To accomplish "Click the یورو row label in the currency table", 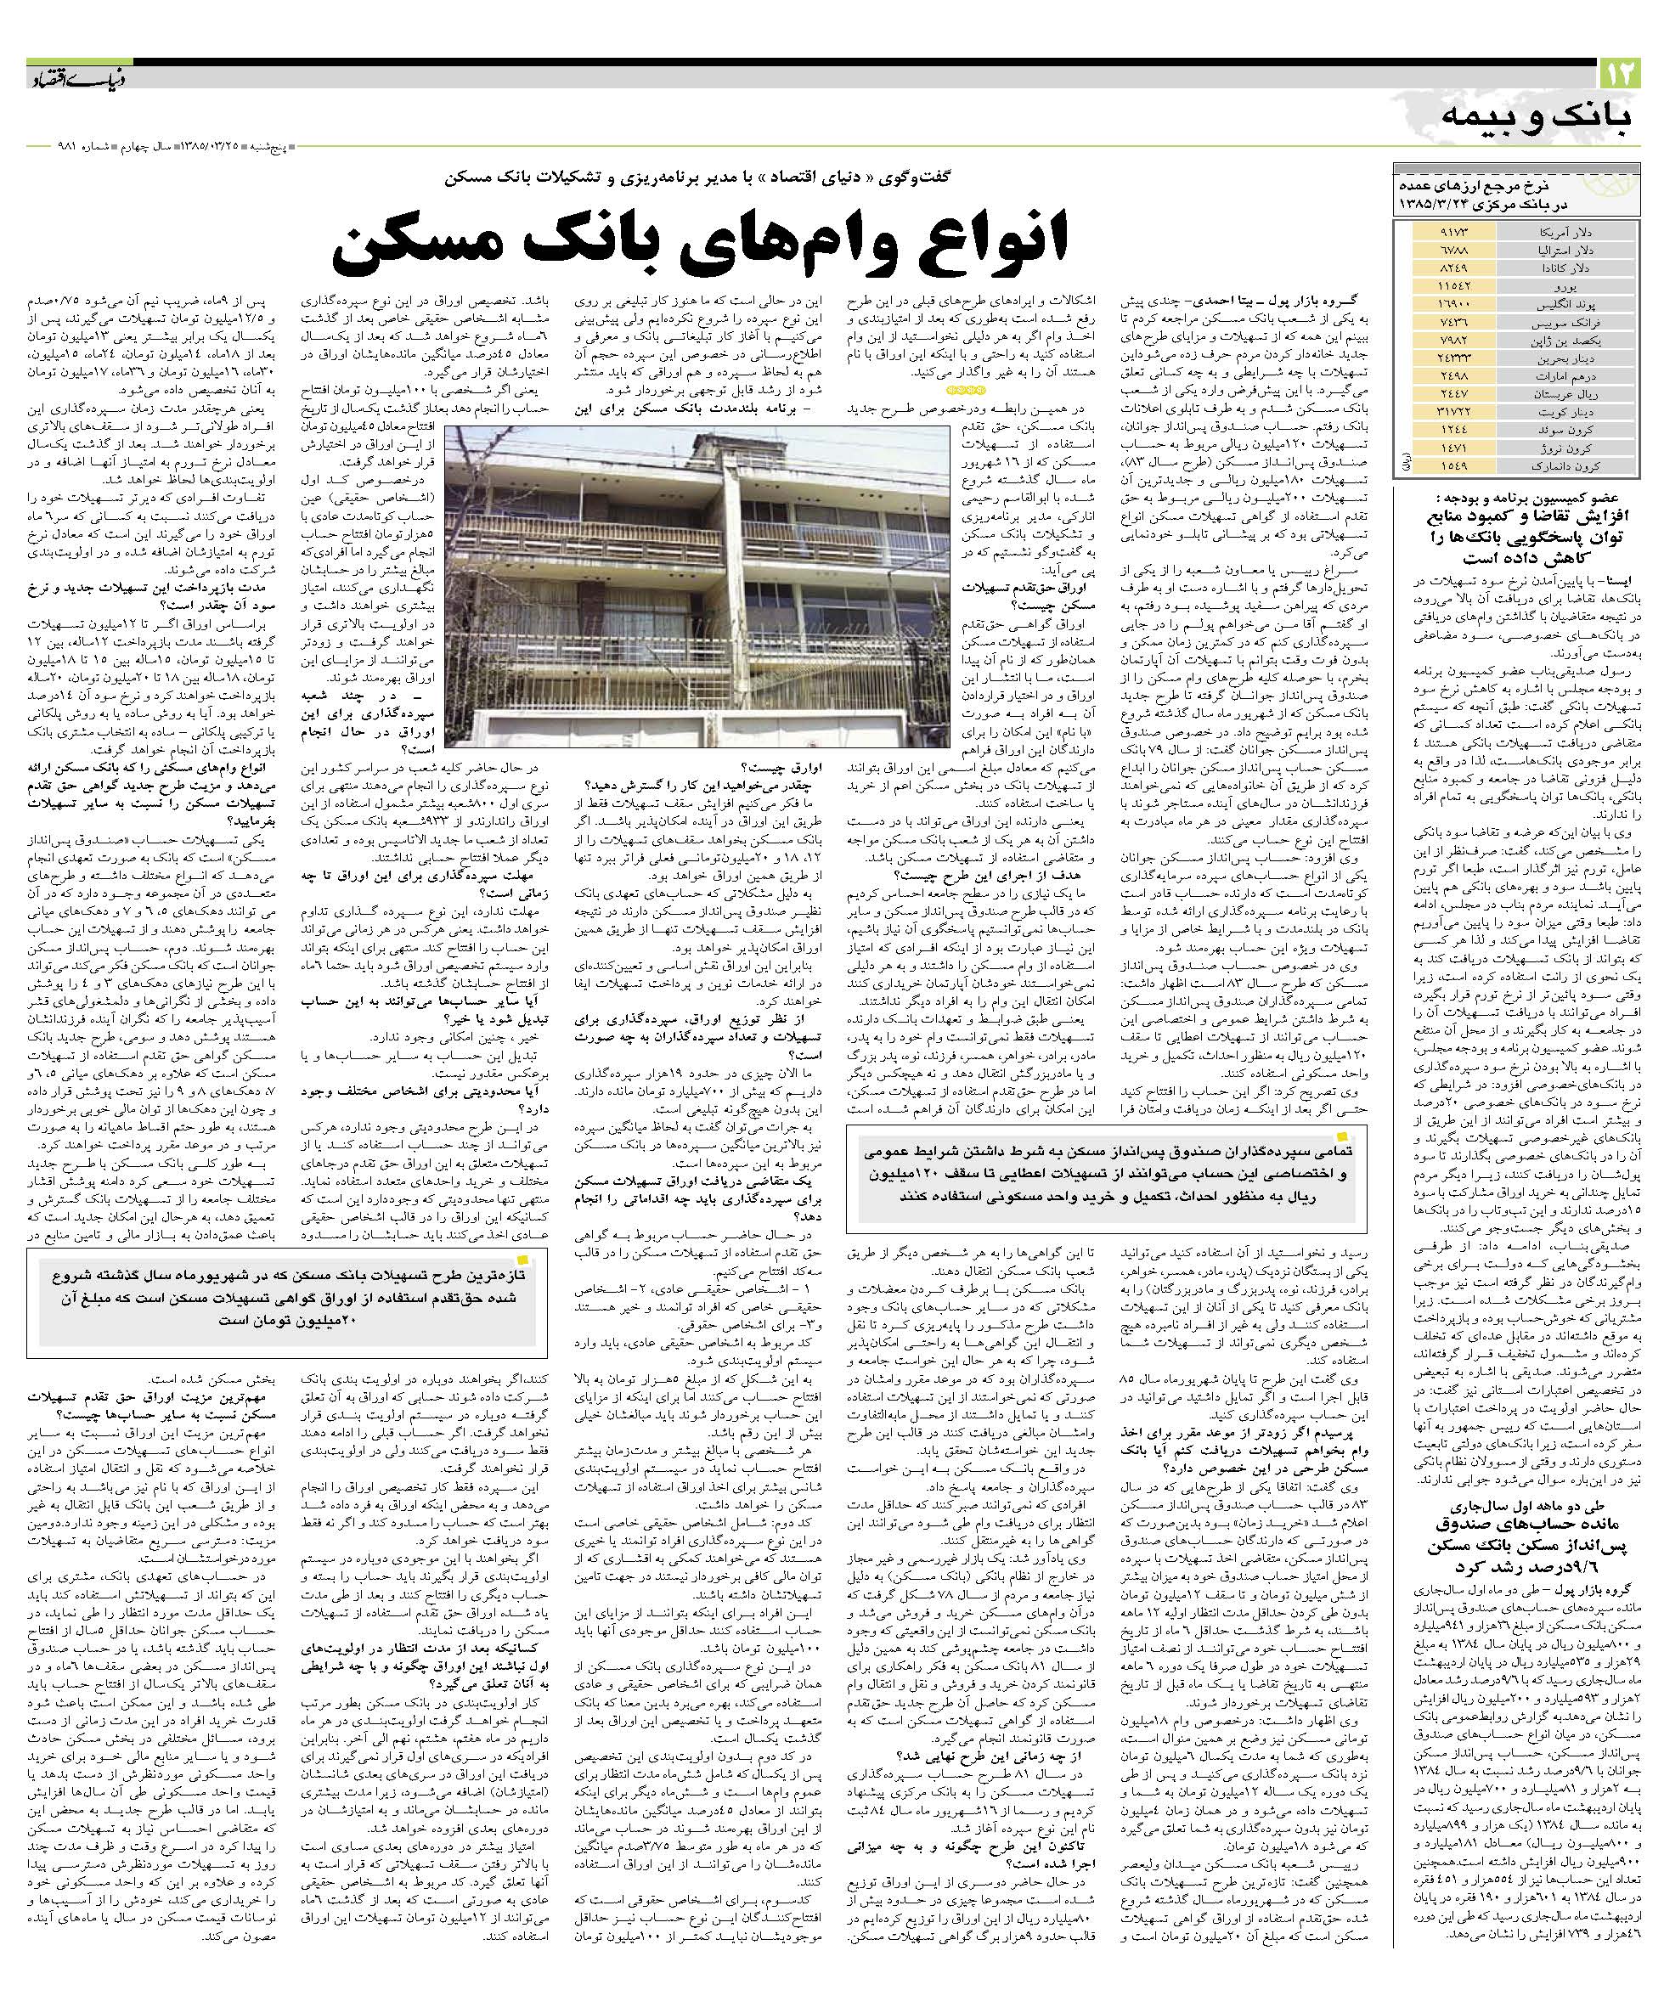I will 1555,285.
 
